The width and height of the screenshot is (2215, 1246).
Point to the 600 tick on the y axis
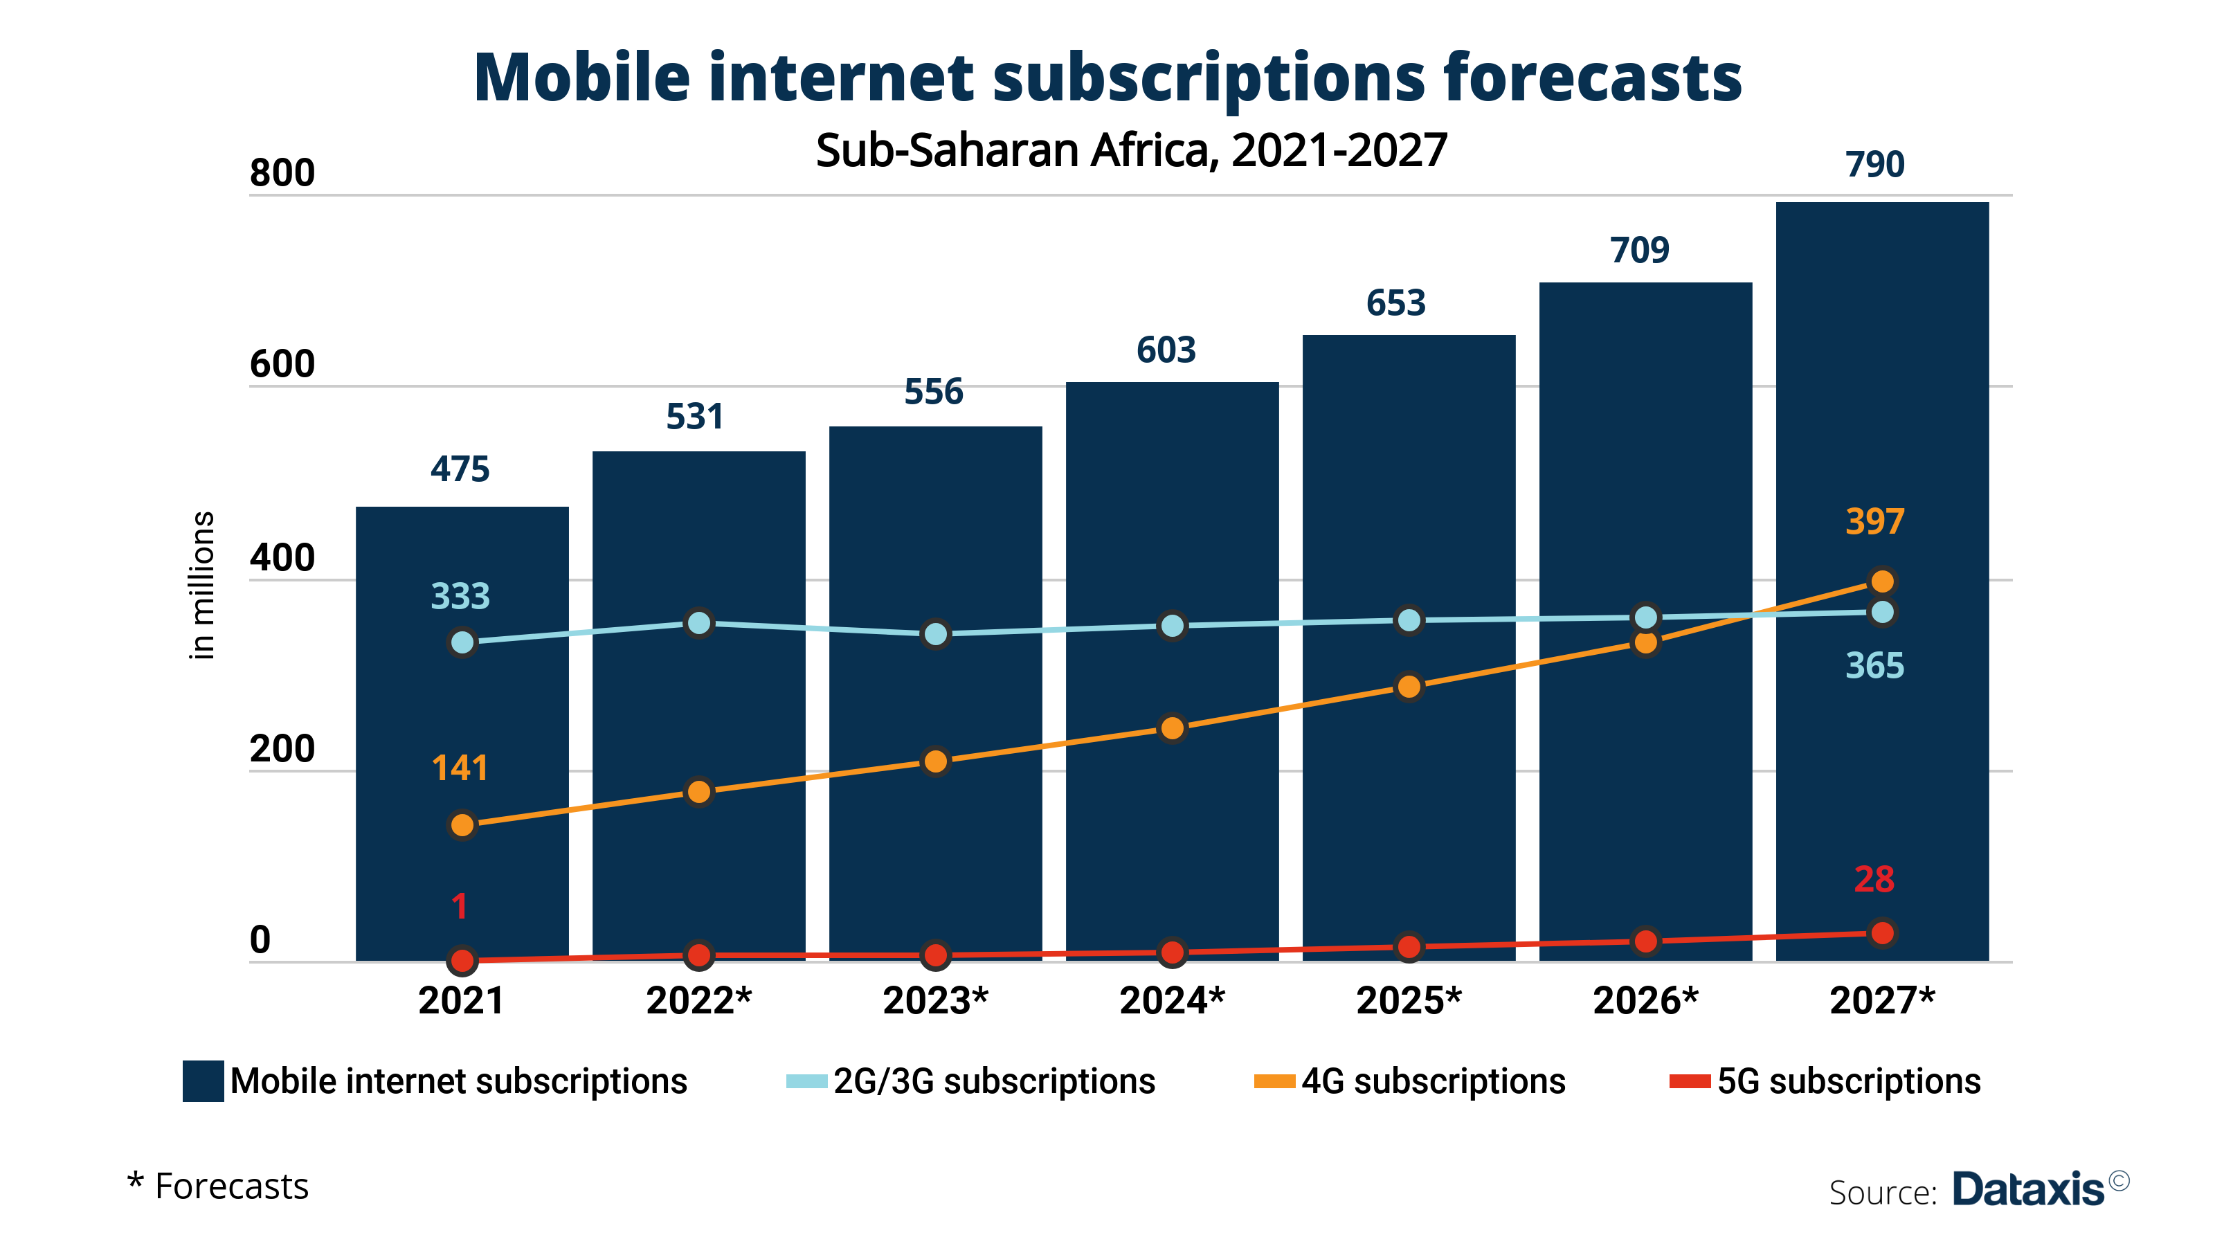pos(282,365)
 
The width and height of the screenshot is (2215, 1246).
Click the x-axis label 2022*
pos(698,1000)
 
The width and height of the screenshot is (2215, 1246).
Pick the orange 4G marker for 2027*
pos(1881,582)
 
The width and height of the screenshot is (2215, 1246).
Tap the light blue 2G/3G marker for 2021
pos(462,642)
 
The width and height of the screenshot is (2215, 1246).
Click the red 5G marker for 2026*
pos(1645,941)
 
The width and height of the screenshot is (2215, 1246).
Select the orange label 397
pos(1874,521)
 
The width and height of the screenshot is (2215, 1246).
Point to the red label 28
pos(1874,879)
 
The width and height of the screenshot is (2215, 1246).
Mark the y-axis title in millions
pos(201,585)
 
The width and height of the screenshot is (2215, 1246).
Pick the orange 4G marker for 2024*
pos(1172,728)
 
